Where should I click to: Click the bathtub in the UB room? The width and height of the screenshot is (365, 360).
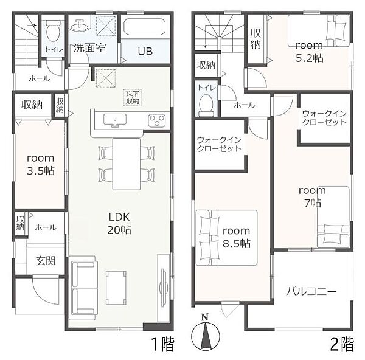[x=144, y=27]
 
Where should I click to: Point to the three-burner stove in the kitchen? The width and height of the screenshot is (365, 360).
[x=157, y=120]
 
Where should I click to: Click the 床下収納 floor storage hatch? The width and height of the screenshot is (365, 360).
[x=133, y=97]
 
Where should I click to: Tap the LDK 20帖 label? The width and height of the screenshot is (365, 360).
[x=119, y=223]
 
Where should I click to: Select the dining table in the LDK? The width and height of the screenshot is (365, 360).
[x=127, y=164]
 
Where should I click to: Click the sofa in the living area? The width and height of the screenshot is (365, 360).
[x=83, y=288]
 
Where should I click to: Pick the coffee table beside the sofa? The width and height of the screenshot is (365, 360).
[x=116, y=288]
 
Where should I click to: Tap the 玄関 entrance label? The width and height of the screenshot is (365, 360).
[x=46, y=261]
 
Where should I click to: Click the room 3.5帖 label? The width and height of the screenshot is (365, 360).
[x=41, y=165]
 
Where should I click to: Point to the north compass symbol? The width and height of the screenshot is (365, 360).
[x=205, y=333]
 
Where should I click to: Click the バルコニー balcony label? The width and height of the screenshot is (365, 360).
[x=311, y=291]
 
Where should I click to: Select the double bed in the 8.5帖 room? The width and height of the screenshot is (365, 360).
[x=226, y=238]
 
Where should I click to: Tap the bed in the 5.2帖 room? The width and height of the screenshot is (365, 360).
[x=318, y=31]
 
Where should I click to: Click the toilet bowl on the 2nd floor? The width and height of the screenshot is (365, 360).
[x=206, y=105]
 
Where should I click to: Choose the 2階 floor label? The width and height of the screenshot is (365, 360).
[x=342, y=344]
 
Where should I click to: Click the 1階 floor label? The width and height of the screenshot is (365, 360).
[x=162, y=344]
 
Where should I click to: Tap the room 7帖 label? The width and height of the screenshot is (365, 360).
[x=313, y=197]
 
